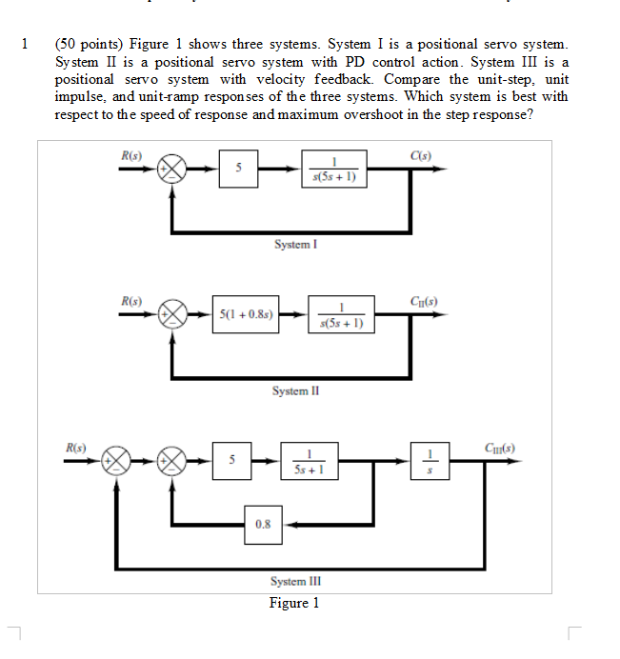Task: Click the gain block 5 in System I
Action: (239, 170)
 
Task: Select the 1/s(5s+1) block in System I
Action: (333, 170)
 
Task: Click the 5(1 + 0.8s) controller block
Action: (247, 312)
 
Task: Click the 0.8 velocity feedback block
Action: (263, 523)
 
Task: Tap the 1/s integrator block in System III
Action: (430, 459)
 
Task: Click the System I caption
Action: (294, 245)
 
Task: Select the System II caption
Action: (294, 390)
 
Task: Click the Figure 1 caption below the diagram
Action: (294, 603)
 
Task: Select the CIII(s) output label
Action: (500, 446)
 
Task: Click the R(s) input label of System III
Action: (75, 446)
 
